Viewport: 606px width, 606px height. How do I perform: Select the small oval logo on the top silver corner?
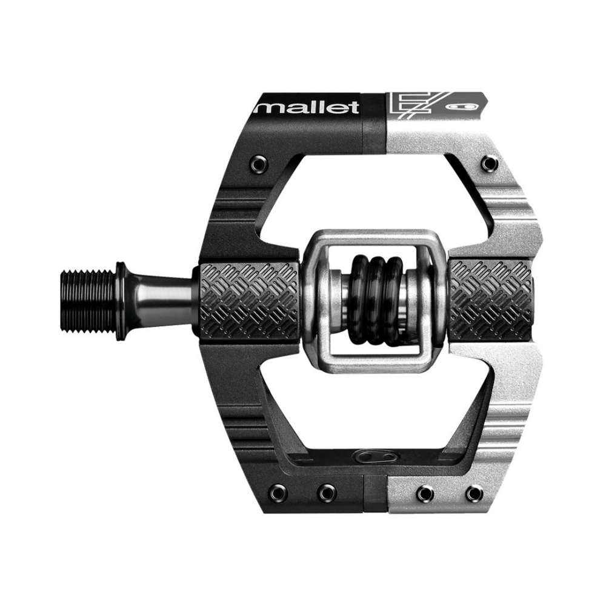coord(465,107)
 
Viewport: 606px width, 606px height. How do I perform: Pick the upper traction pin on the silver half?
coord(489,164)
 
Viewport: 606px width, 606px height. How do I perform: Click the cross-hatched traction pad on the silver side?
coord(492,300)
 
